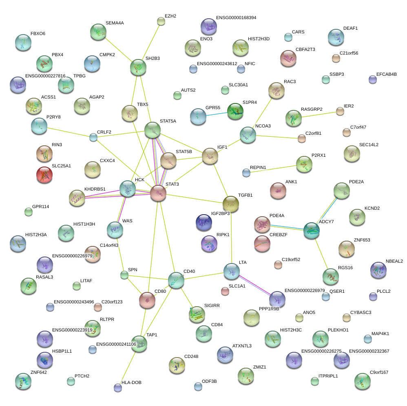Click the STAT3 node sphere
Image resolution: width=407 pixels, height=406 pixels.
[158, 193]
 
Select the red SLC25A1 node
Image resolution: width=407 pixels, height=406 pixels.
[44, 174]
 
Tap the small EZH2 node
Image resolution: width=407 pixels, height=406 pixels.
[161, 21]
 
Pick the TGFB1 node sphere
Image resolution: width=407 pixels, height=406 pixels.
[230, 203]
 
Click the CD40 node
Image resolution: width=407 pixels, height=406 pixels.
[176, 280]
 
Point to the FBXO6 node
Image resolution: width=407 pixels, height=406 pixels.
[23, 42]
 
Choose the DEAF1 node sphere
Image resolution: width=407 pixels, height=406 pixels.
[336, 37]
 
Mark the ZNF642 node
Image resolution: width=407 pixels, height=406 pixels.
[23, 381]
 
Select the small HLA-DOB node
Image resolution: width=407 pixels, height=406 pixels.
[118, 388]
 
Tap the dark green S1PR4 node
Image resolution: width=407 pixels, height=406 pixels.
[235, 111]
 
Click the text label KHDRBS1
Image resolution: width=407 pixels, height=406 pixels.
[95, 189]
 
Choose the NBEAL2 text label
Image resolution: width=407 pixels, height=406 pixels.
[394, 261]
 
